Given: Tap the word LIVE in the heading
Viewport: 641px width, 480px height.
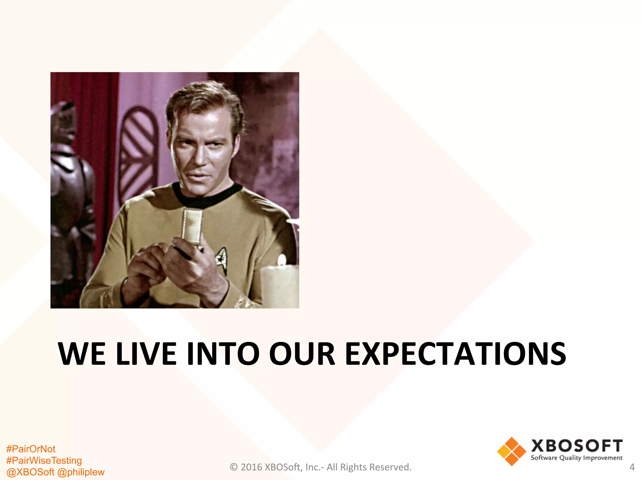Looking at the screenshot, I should tap(146, 354).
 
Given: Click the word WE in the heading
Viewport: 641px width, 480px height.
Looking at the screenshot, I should tap(82, 354).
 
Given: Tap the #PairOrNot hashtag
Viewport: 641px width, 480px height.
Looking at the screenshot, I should tap(31, 449).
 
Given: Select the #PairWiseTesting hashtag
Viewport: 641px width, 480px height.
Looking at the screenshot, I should tap(44, 461).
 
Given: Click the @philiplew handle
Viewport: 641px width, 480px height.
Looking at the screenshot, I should tap(81, 472).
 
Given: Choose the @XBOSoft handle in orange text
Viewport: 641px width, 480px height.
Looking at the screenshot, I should tap(30, 472).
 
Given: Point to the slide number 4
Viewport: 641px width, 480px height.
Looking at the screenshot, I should tap(632, 467).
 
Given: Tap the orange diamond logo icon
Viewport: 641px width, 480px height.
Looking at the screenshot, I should tap(511, 451).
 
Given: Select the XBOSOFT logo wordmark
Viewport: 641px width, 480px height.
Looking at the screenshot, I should tap(577, 446).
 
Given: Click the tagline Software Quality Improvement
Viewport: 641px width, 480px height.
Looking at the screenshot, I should tap(577, 458).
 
